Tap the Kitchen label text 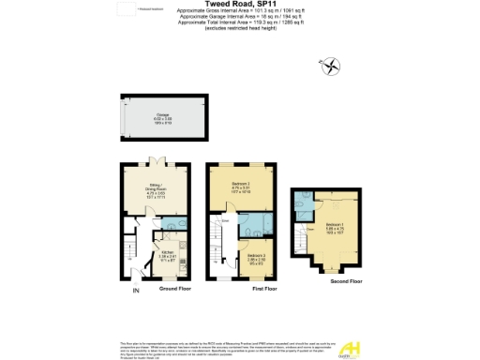[x=168, y=255]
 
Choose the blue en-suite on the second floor [x=304, y=201]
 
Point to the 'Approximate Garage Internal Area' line [x=239, y=17]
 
